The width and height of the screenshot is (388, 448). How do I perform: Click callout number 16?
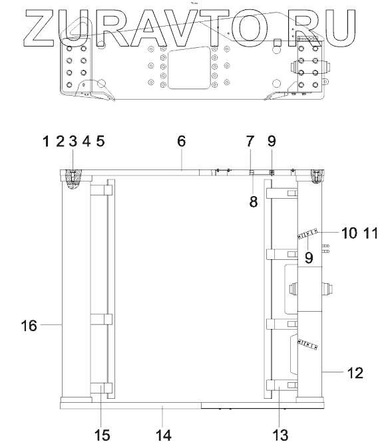(29, 326)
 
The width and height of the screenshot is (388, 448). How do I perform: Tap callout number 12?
(355, 373)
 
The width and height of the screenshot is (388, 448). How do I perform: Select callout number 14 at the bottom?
(164, 436)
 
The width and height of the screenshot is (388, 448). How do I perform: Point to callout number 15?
(102, 436)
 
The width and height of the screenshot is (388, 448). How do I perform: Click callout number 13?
(280, 436)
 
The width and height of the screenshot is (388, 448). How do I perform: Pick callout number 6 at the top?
(182, 141)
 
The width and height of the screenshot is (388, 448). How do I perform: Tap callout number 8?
(253, 201)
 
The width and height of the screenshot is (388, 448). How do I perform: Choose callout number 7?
(250, 141)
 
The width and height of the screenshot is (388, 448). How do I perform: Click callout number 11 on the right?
(371, 233)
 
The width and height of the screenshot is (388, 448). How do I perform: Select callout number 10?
(349, 233)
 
